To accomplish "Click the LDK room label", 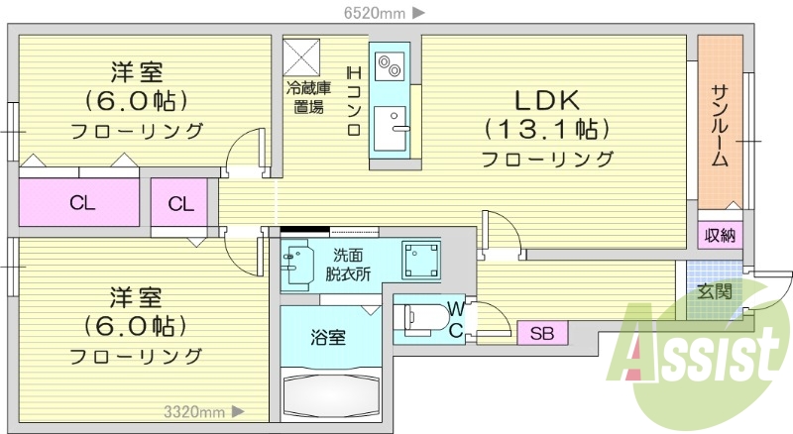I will (x=546, y=100).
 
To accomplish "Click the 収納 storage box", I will (x=721, y=235).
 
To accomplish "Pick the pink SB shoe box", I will (x=542, y=333).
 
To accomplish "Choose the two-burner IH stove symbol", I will (x=387, y=65).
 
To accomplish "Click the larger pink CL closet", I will (x=82, y=204).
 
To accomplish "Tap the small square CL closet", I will (x=179, y=204).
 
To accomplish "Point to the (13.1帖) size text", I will (x=546, y=129).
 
